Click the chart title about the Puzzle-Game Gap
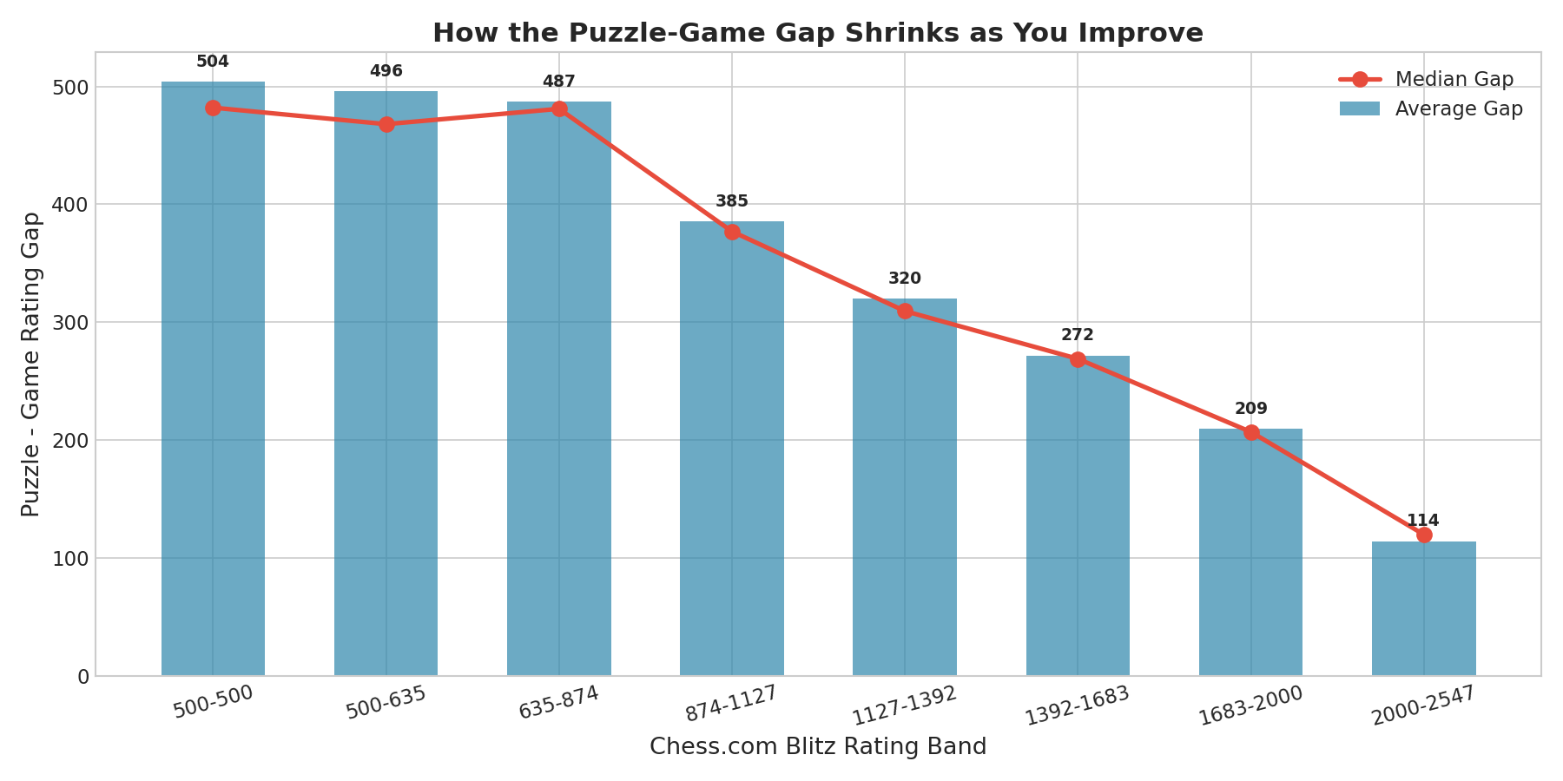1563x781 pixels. point(818,33)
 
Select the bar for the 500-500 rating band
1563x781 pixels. point(213,378)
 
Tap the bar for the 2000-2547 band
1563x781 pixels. point(1424,608)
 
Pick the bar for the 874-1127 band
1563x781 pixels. point(732,449)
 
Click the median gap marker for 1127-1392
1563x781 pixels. point(905,311)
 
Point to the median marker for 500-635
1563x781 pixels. point(386,124)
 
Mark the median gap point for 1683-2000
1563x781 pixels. point(1251,432)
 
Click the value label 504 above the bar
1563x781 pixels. point(213,62)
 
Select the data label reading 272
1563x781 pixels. point(1078,335)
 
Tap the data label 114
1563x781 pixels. point(1423,521)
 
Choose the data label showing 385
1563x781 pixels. point(732,201)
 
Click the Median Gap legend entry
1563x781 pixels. point(1430,79)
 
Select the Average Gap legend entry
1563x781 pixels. point(1430,108)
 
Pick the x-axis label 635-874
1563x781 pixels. point(559,702)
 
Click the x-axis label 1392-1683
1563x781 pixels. point(1078,706)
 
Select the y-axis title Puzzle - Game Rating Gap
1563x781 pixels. point(31,364)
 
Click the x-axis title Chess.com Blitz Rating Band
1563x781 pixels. point(818,747)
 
